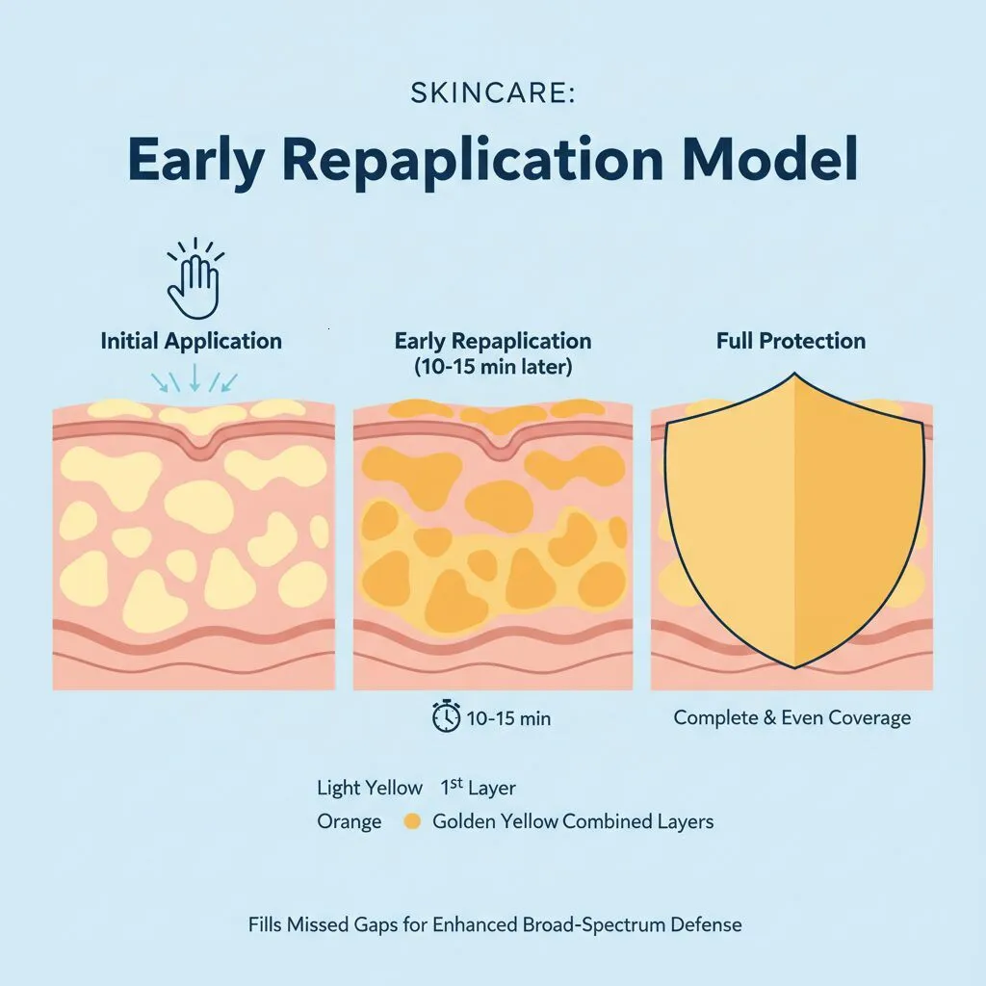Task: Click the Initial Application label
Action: coord(191,341)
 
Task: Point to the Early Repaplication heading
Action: coord(493,341)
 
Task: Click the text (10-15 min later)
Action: coord(493,367)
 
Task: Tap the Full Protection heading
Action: coord(791,341)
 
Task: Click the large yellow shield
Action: coord(794,530)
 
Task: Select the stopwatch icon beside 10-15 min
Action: coord(446,716)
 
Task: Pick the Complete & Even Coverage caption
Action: coord(791,717)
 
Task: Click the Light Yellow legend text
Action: coord(370,788)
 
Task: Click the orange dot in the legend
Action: coord(412,822)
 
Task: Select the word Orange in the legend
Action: coord(349,822)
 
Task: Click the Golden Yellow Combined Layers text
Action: coord(573,822)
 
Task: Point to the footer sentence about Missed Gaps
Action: coord(494,924)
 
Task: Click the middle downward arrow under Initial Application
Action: coord(195,378)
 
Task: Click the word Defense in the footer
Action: coord(708,924)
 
